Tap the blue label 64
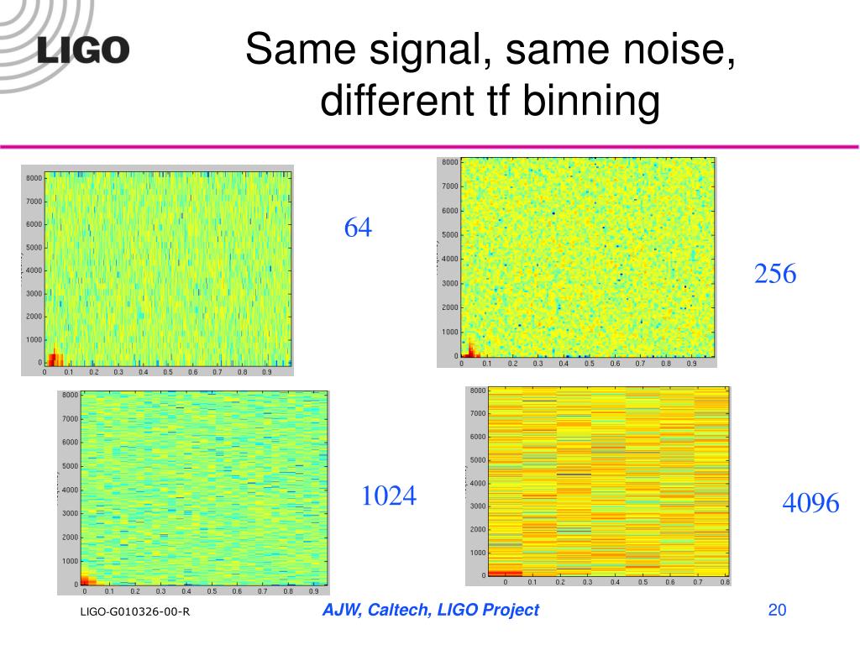point(358,228)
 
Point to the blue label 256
point(775,274)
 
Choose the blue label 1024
point(389,496)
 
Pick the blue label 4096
point(810,503)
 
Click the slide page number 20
point(777,611)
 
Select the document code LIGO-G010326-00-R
point(135,612)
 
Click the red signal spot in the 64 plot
point(53,359)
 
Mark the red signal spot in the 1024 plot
point(87,579)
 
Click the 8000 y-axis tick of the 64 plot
point(34,178)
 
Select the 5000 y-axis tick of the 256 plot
point(450,235)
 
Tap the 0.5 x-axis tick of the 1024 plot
point(212,591)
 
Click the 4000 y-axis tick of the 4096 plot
point(477,483)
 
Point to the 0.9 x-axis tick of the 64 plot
point(266,372)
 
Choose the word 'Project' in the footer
point(511,611)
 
